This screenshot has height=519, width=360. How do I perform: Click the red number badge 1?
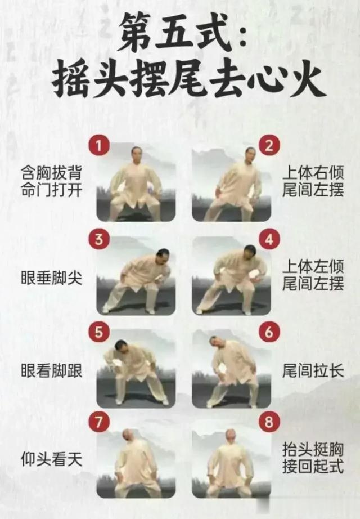click(x=99, y=147)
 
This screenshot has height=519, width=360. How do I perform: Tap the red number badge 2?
click(x=268, y=147)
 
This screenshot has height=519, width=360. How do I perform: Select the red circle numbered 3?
click(x=99, y=240)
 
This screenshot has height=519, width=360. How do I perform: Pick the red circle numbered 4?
click(x=268, y=240)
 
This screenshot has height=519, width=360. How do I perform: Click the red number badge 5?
click(x=99, y=332)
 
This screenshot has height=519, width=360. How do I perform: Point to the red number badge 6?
click(x=268, y=332)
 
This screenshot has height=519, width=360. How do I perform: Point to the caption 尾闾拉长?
click(x=313, y=370)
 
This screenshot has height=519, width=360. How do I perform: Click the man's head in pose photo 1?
click(x=136, y=154)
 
